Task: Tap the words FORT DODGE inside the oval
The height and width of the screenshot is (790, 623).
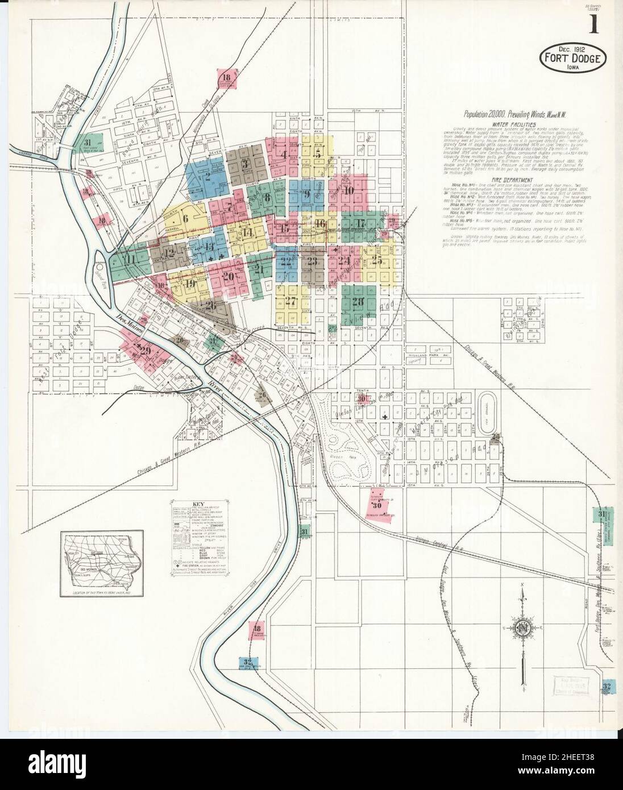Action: [572, 59]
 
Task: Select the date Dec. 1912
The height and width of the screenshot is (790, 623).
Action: [573, 49]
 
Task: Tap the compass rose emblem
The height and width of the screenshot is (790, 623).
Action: [522, 627]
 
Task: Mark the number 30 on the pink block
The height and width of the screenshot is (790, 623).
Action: [377, 504]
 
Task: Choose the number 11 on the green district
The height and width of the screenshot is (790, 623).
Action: [130, 260]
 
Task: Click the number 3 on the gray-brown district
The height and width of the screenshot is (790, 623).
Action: [246, 164]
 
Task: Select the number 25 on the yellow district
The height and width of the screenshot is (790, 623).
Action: [376, 261]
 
